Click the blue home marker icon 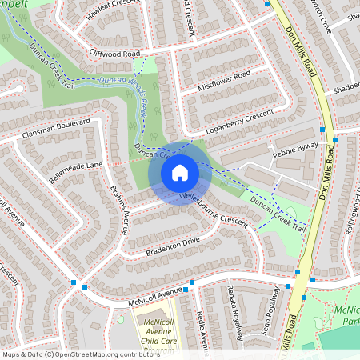pos(180,172)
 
